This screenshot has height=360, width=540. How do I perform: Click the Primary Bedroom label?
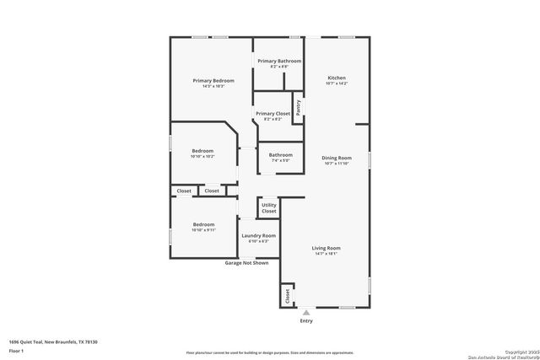(x=213, y=80)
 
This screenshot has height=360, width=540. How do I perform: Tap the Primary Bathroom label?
(x=279, y=61)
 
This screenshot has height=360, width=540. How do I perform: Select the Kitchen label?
(x=337, y=78)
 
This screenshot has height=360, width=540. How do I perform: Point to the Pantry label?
(x=299, y=108)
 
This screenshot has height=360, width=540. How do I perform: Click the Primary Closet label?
(x=273, y=113)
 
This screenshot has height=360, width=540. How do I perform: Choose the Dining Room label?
(x=337, y=158)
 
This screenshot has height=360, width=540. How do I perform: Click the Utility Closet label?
(x=268, y=207)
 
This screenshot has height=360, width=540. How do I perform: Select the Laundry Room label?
(x=258, y=235)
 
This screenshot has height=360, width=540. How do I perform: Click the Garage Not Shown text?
(x=246, y=262)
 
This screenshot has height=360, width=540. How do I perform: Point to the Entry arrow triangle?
(x=305, y=312)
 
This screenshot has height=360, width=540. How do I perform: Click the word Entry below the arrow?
(x=305, y=321)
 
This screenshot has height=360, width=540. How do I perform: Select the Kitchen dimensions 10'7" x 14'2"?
(x=337, y=84)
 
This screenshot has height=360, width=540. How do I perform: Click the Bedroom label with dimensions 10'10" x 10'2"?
(x=202, y=151)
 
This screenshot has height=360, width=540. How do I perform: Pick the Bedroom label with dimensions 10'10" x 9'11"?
(x=203, y=224)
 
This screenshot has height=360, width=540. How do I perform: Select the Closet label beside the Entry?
(x=287, y=295)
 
